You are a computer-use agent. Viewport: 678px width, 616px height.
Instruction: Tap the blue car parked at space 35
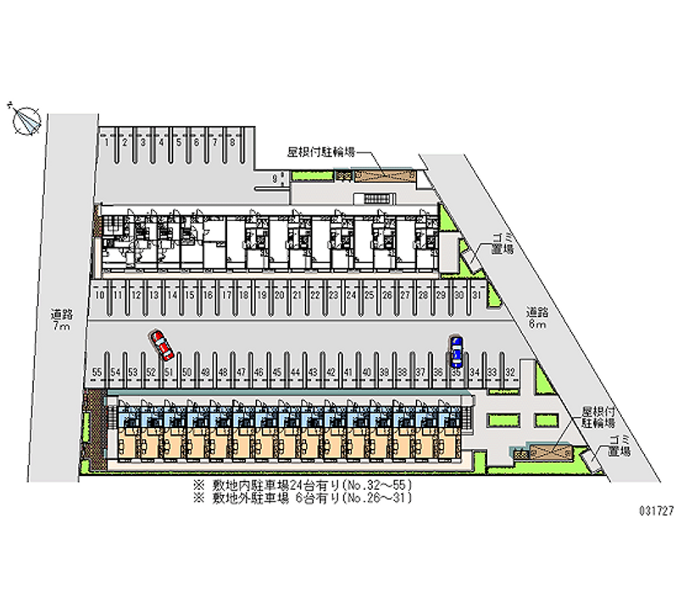(x=457, y=347)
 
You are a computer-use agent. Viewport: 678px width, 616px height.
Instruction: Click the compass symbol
(x=26, y=120)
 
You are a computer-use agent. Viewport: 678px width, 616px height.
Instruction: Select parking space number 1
(x=107, y=143)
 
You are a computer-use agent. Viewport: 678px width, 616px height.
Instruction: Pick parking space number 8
(x=231, y=143)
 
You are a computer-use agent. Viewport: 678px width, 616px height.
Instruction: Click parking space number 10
(x=100, y=295)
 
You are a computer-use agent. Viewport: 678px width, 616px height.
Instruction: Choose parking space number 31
(x=476, y=295)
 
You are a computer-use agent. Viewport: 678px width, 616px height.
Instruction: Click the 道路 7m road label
(x=60, y=319)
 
